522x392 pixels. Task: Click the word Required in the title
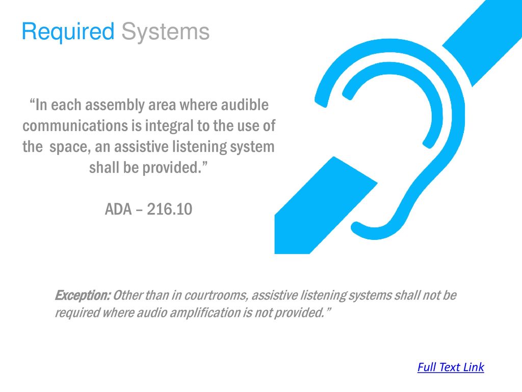pos(68,32)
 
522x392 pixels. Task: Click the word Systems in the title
pos(165,32)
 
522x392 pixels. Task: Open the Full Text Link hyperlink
pos(450,367)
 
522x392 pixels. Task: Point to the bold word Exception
pos(82,296)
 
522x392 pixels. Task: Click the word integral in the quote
pos(170,126)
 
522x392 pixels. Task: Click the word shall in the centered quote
pos(105,167)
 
